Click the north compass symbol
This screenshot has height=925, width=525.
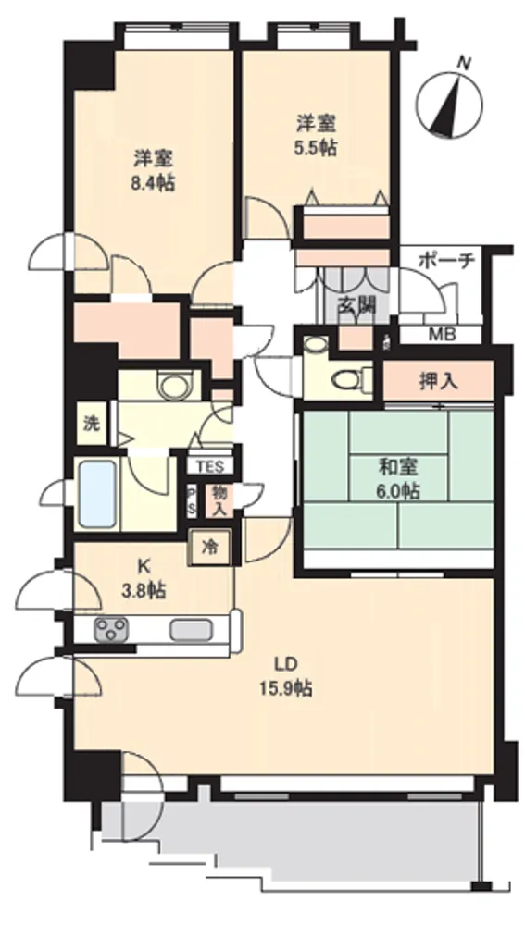click(x=449, y=105)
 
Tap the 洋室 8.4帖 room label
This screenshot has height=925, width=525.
click(x=153, y=170)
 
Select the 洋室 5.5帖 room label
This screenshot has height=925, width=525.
click(x=316, y=135)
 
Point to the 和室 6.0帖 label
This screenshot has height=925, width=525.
click(x=399, y=479)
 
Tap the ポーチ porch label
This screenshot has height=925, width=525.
click(x=446, y=261)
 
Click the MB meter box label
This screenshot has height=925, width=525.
click(x=442, y=335)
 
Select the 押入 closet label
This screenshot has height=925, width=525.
click(x=439, y=382)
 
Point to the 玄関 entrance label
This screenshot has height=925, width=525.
click(x=356, y=305)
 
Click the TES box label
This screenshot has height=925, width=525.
click(x=210, y=467)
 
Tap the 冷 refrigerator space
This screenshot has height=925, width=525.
click(x=208, y=548)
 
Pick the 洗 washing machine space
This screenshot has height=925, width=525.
click(x=91, y=423)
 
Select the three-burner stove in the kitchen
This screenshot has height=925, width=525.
click(x=112, y=629)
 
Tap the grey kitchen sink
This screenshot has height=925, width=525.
click(x=192, y=629)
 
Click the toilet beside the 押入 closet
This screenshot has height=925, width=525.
click(x=350, y=378)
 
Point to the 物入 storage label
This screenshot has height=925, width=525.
click(x=219, y=500)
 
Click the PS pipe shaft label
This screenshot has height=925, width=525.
click(x=192, y=500)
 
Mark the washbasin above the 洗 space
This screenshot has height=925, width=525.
click(x=172, y=385)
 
